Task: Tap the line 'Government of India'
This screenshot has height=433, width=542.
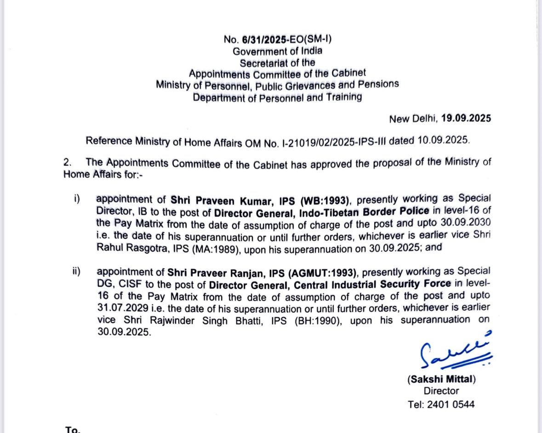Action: (277, 51)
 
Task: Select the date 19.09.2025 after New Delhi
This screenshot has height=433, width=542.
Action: (466, 119)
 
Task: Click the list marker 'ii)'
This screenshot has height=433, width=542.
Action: (76, 271)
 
